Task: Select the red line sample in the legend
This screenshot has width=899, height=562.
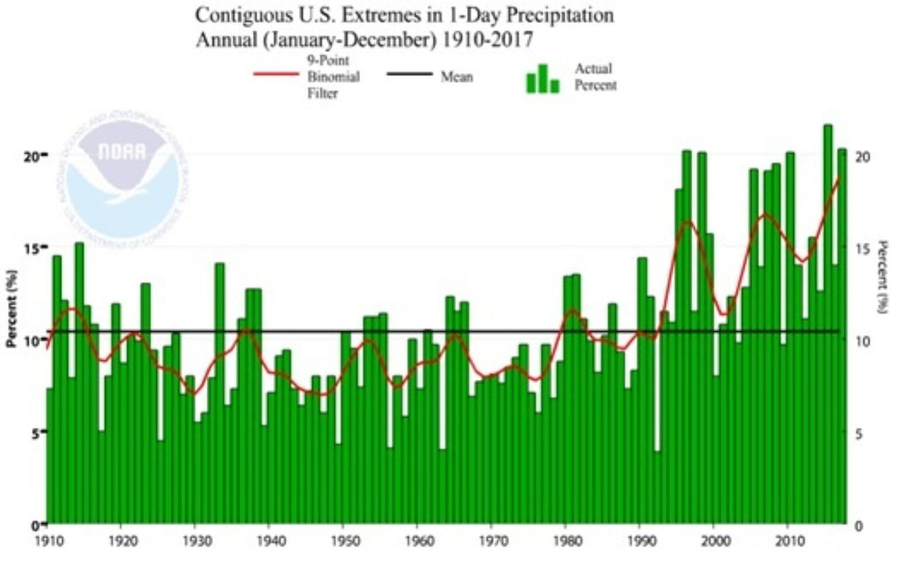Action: [x=276, y=75]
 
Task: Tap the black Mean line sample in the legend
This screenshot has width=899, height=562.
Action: [x=409, y=75]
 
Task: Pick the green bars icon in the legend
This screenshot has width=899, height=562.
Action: [x=542, y=79]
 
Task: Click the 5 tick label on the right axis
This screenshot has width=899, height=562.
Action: [x=859, y=433]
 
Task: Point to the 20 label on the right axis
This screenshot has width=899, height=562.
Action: [x=862, y=157]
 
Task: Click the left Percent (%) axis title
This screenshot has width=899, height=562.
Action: [x=11, y=308]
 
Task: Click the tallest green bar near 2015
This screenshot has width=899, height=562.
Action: [x=827, y=324]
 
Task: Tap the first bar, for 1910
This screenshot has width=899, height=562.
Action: [x=50, y=456]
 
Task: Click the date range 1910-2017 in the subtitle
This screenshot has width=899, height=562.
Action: [x=487, y=40]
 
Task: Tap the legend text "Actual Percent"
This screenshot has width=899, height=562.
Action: [x=595, y=77]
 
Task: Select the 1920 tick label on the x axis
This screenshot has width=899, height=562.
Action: [x=123, y=540]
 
